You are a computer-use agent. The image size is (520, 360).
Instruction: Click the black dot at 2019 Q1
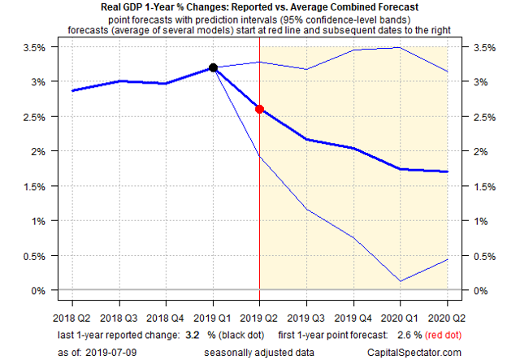coord(213,67)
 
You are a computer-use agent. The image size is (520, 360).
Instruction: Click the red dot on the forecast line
coord(259,109)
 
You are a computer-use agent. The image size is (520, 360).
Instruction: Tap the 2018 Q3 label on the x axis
coord(119,319)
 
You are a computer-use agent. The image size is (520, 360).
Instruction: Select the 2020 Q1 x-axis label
coord(399,319)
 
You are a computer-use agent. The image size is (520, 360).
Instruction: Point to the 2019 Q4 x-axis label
coord(353,319)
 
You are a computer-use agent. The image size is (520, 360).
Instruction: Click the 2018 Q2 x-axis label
coord(71,319)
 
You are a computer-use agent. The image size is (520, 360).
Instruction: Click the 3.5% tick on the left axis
coord(34,47)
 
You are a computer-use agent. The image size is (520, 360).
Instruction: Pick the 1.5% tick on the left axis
coord(34,186)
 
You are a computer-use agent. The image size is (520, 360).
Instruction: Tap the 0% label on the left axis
coord(38,291)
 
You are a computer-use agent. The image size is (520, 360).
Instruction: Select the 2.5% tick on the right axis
coord(484,117)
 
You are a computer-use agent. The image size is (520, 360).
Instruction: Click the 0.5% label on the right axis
coord(484,256)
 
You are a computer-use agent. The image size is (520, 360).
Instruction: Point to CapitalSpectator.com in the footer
coord(414,353)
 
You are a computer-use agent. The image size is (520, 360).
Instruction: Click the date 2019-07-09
coord(111,353)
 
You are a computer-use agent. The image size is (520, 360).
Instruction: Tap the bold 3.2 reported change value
coord(193,335)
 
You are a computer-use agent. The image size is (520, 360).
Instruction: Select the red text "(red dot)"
coord(443,335)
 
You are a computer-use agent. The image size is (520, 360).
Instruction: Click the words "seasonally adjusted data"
coord(259,353)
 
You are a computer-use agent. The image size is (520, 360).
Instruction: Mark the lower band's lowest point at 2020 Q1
coord(401,281)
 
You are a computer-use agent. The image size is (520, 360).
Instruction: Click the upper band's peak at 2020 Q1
coord(401,47)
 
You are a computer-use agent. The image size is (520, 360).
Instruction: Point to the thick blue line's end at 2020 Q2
coord(447,171)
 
